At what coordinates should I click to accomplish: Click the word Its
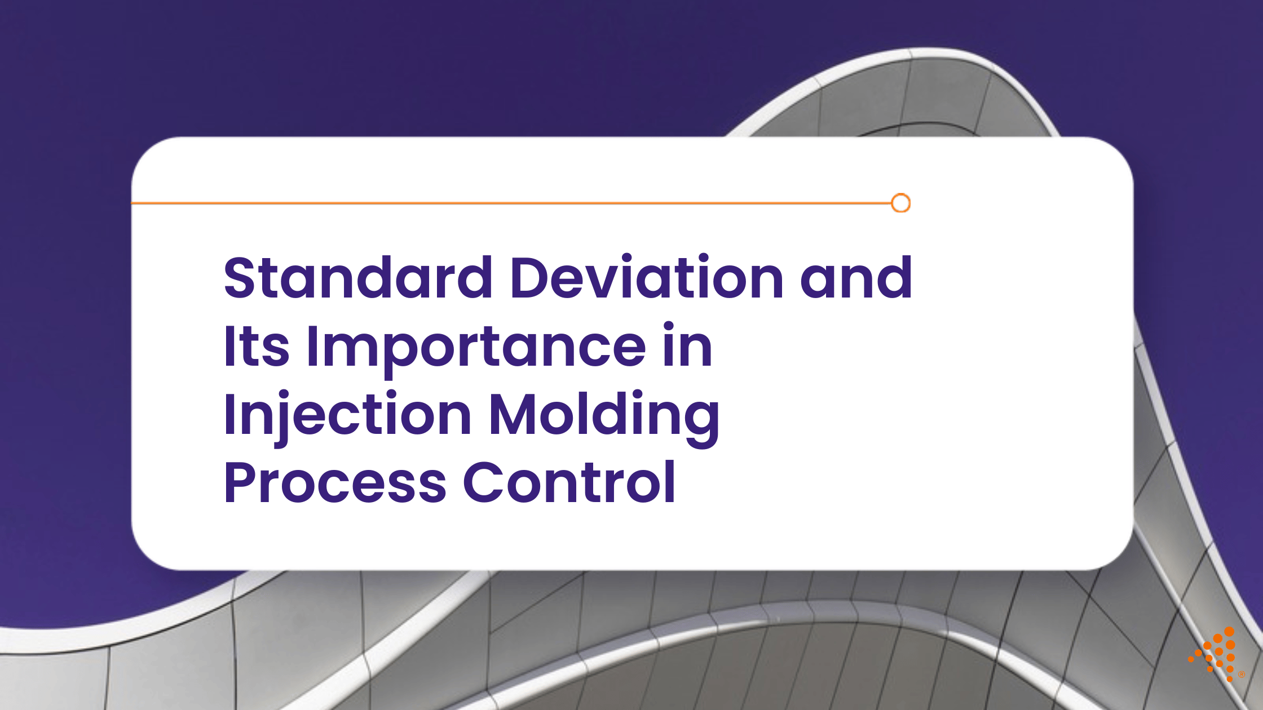(x=257, y=345)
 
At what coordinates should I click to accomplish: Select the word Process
(x=335, y=482)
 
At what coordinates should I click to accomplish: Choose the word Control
(x=569, y=481)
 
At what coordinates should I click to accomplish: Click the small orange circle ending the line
(x=901, y=203)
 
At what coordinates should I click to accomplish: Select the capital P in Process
(x=241, y=482)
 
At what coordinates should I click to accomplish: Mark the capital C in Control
(x=484, y=482)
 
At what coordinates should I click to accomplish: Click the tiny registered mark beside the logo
(x=1241, y=674)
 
